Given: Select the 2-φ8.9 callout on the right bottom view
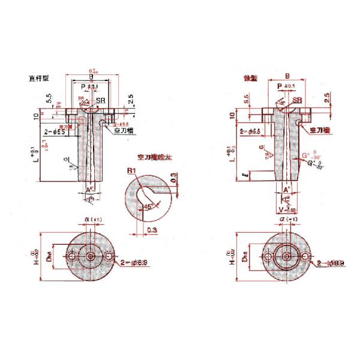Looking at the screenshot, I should pyautogui.click(x=329, y=263).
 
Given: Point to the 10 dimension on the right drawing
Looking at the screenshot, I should pyautogui.click(x=233, y=115).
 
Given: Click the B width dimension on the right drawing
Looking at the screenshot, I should pyautogui.click(x=287, y=76).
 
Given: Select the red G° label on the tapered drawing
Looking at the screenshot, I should pyautogui.click(x=305, y=155).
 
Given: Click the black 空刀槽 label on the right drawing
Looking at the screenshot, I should pyautogui.click(x=320, y=130).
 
